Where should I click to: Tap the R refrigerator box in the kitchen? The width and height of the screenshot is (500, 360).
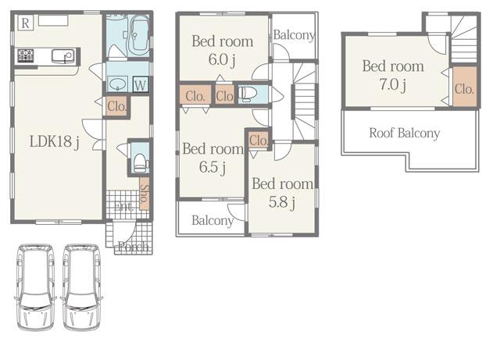pos(26,23)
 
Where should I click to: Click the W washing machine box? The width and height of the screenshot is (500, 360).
pos(141,84)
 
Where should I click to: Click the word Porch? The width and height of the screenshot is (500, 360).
pos(130,248)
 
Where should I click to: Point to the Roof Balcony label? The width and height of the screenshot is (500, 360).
pos(404,133)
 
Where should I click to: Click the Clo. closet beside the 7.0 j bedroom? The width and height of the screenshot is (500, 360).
pos(464,88)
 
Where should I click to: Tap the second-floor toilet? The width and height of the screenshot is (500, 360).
pos(246,94)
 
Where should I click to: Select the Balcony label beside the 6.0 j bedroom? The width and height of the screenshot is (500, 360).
pos(295,35)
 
